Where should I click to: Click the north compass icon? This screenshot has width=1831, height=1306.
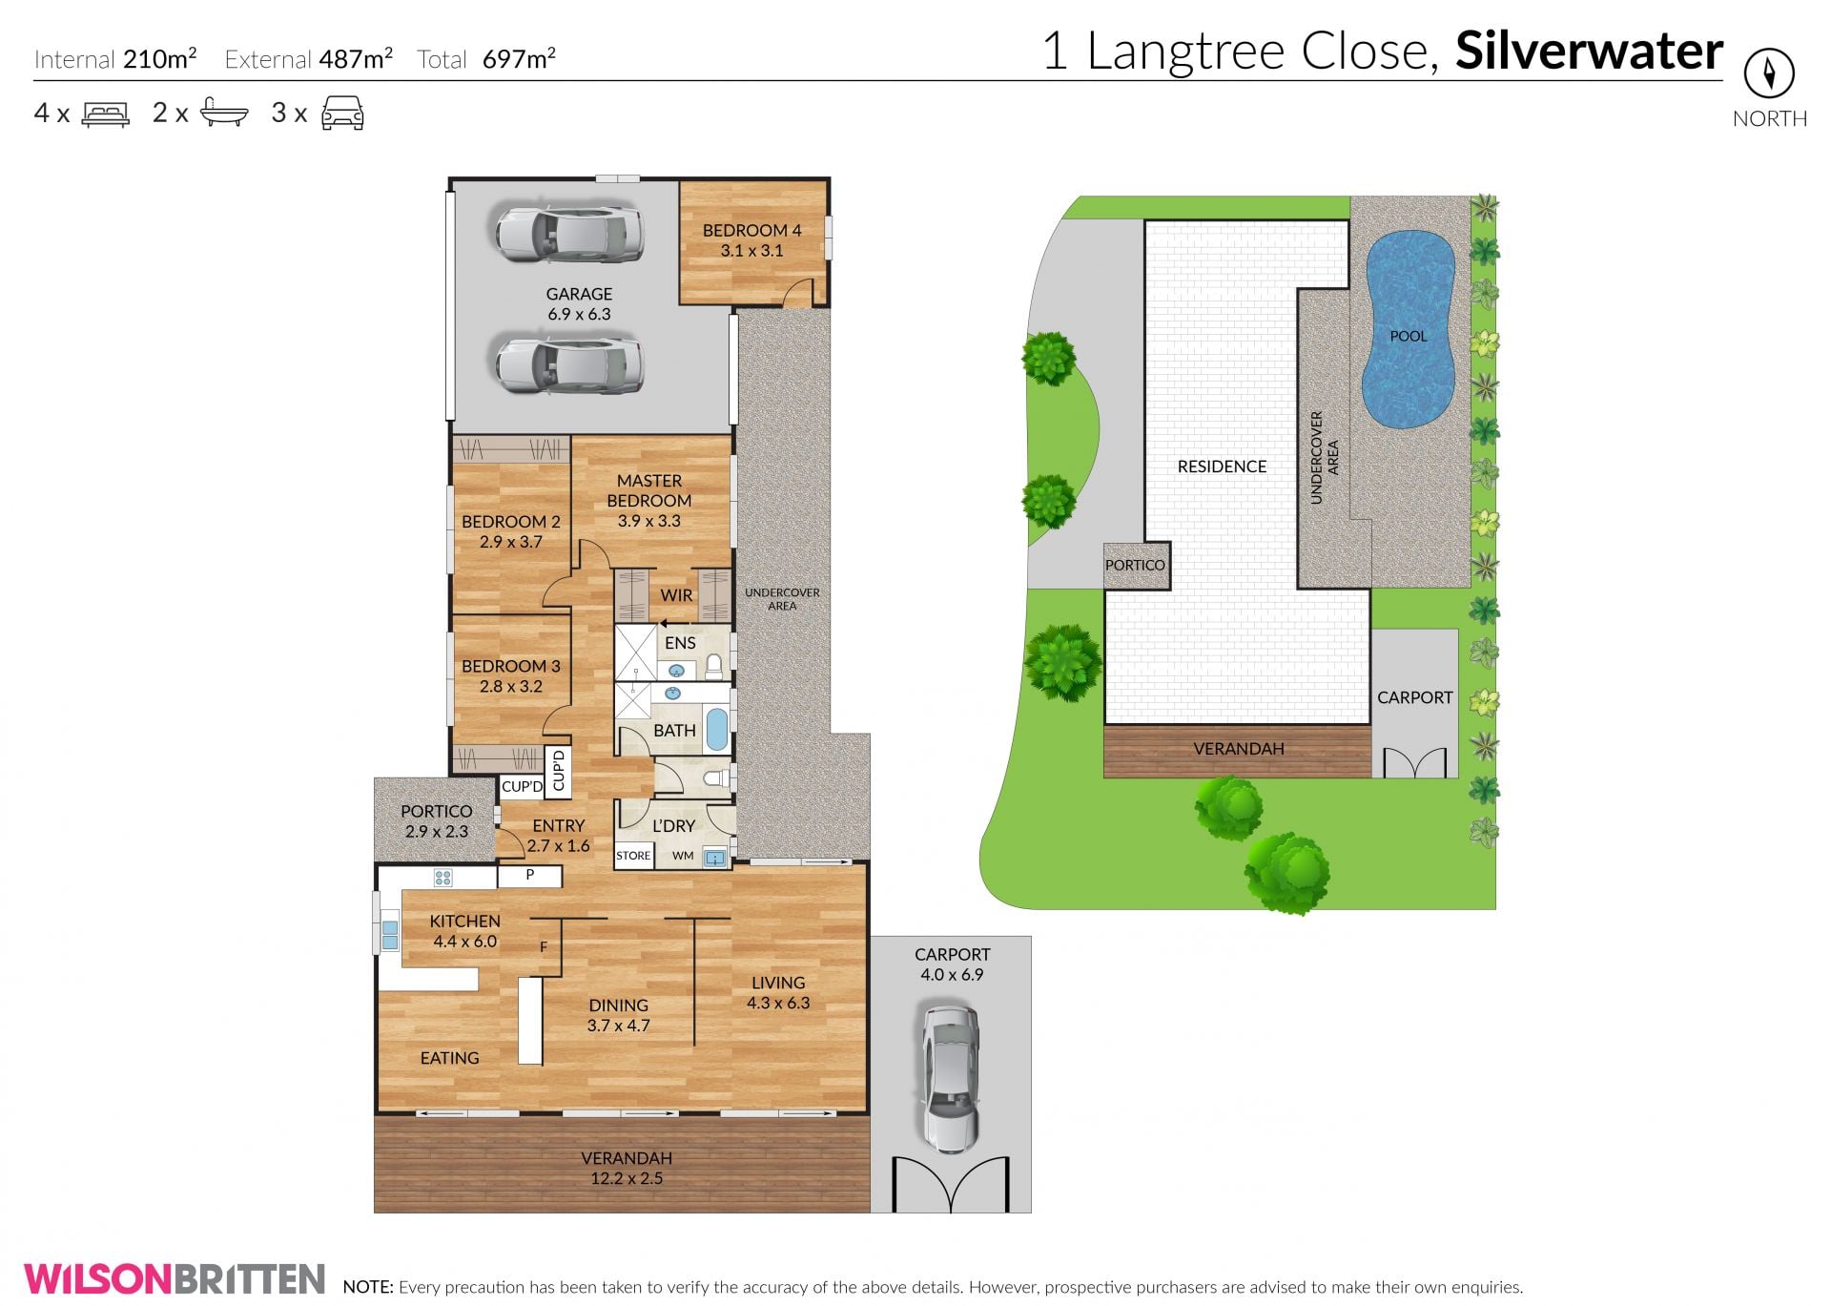[1769, 73]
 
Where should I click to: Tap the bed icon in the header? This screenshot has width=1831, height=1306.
[106, 114]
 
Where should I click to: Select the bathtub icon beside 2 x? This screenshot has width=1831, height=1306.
[224, 114]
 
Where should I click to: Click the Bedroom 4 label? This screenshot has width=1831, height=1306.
[751, 240]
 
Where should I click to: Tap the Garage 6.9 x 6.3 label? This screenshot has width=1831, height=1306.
[579, 304]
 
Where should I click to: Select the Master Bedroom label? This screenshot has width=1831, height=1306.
[649, 501]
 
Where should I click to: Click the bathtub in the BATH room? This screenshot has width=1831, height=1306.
[717, 731]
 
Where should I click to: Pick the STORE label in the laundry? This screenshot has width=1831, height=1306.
[633, 856]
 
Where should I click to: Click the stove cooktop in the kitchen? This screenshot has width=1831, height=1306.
[443, 878]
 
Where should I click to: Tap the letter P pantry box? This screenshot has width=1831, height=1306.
[530, 875]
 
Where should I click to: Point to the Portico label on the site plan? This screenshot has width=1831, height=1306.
[1135, 565]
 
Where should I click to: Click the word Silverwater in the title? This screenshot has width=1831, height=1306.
[1589, 52]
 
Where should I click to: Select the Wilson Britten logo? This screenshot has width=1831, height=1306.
[175, 1278]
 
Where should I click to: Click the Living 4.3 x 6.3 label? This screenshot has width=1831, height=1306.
[778, 992]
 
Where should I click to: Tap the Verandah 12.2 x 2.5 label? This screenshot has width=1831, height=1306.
[627, 1168]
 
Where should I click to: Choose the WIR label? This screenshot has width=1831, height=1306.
[676, 595]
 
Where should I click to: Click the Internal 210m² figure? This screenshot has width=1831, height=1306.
[115, 59]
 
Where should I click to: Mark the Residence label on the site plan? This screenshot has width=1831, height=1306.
[1222, 466]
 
